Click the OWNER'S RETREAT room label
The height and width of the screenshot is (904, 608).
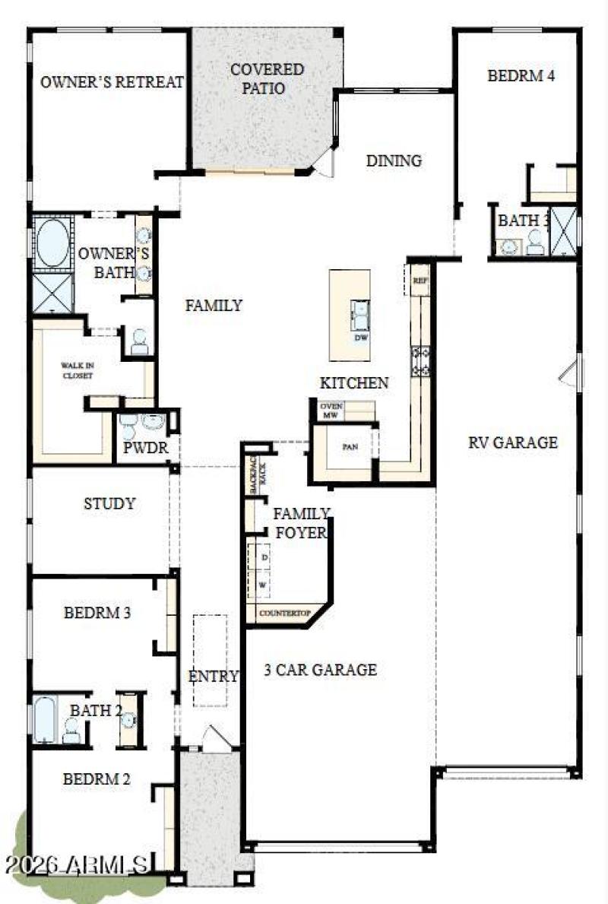tap(112, 82)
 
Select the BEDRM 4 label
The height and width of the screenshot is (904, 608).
tap(521, 76)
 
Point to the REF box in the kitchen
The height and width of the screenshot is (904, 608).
tap(420, 281)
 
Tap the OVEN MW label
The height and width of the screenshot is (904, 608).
tap(331, 411)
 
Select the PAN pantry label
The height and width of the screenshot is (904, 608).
tap(350, 447)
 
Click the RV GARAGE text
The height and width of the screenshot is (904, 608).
tap(512, 442)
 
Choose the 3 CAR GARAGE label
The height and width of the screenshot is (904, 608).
tap(320, 670)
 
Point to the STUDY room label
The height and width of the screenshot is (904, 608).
tap(109, 503)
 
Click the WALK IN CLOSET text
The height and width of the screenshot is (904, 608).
tap(77, 370)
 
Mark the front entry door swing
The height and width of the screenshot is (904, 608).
tap(219, 738)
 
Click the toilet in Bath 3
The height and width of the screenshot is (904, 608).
tap(535, 242)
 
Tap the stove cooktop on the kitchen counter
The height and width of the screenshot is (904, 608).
tap(420, 360)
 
